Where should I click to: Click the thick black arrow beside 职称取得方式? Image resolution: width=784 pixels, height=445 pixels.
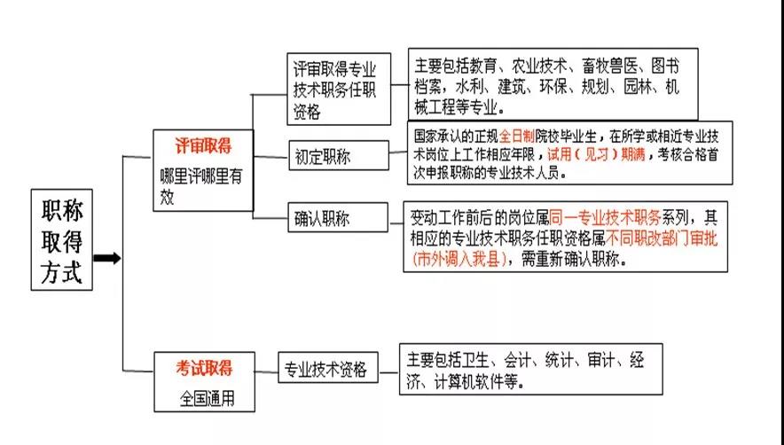pos(106,258)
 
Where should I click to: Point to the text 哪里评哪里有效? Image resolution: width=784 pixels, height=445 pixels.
pos(200,186)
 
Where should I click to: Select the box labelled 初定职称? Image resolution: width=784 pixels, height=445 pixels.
pos(338,157)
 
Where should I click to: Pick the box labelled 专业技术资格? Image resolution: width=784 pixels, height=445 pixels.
pos(325,370)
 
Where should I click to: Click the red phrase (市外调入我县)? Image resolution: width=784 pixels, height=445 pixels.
pos(462,261)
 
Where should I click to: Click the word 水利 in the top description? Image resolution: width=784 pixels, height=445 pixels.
pos(469,88)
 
